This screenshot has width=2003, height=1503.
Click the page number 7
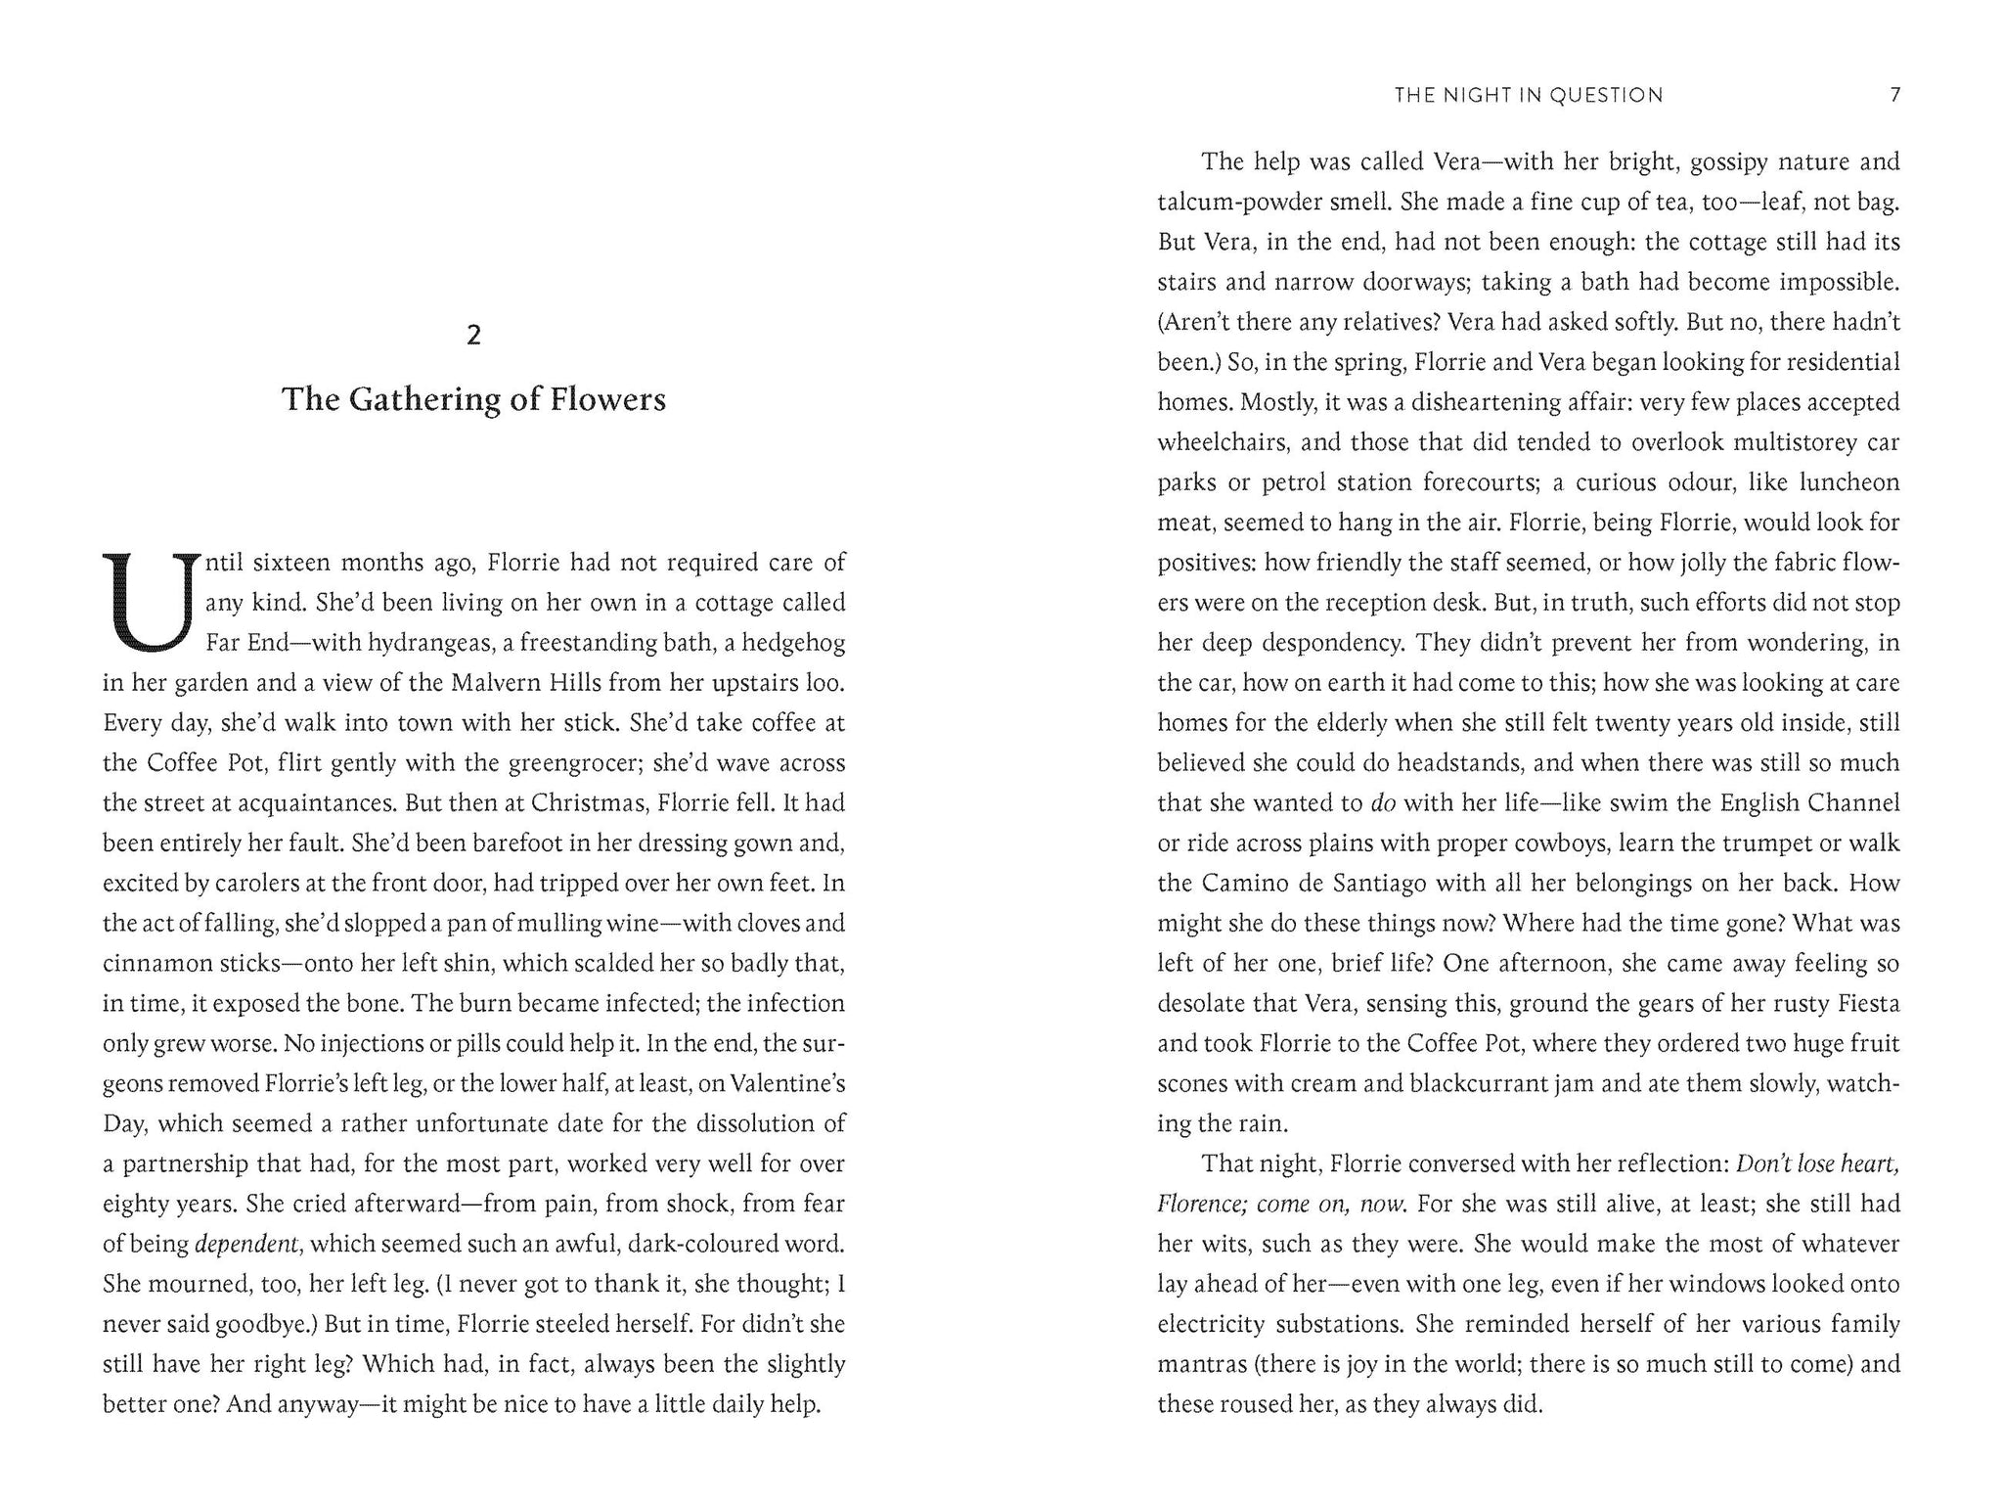point(1894,95)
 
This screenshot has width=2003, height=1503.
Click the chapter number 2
point(474,336)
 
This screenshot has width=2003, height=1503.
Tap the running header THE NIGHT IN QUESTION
point(1529,95)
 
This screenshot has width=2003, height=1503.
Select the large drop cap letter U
point(147,603)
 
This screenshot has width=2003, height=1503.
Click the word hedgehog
point(797,643)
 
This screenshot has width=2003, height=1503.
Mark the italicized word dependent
point(246,1245)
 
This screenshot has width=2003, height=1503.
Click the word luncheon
point(1849,483)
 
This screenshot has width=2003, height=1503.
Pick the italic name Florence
point(1201,1205)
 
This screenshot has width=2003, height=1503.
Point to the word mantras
point(1202,1365)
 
